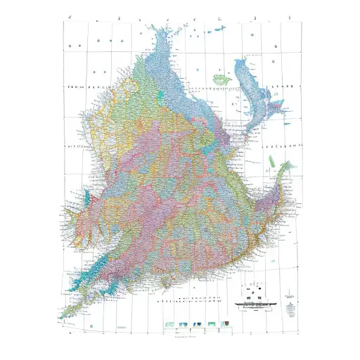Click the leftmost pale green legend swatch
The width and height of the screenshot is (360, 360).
(x=170, y=324)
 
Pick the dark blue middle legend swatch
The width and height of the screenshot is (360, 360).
(x=198, y=324)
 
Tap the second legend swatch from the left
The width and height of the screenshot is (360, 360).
(x=183, y=324)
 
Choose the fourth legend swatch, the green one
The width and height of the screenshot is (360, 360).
(x=212, y=323)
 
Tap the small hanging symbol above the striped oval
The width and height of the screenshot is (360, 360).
(x=290, y=296)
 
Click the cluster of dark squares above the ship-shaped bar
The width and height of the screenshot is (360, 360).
(x=254, y=291)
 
